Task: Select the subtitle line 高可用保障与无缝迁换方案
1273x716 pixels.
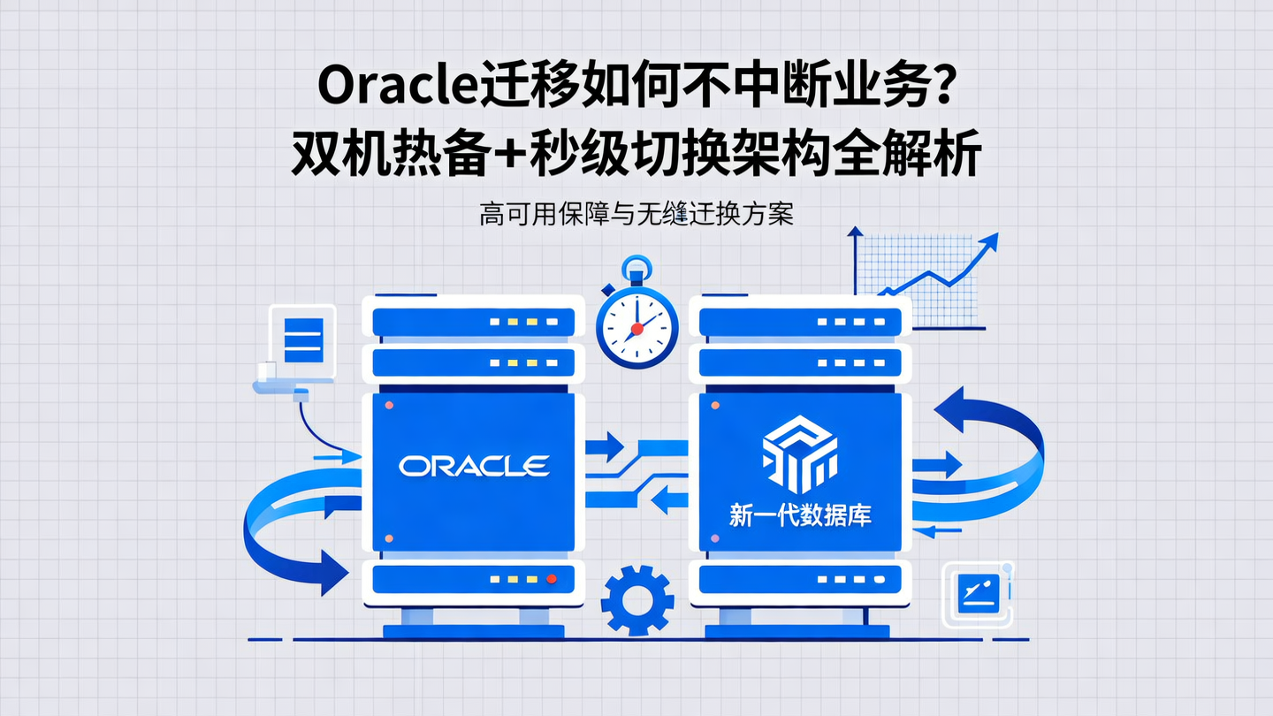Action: (636, 215)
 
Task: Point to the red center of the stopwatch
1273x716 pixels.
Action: (636, 329)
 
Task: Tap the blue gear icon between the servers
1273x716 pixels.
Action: (636, 600)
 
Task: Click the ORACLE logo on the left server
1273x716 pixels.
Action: (474, 466)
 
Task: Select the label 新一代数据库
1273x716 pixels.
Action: (800, 515)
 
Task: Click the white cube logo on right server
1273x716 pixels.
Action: (799, 453)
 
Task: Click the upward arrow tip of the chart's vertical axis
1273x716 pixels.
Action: (855, 232)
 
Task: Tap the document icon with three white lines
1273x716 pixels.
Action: (303, 339)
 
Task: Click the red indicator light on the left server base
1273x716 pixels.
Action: (551, 579)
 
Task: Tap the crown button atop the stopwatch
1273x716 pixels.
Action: (636, 264)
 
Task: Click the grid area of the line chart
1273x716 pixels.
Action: (919, 283)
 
